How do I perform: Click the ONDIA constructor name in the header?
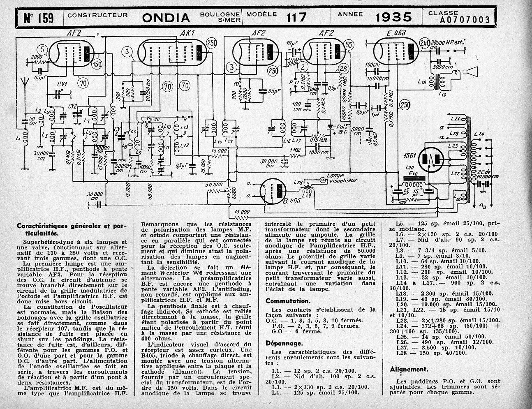pos(166,17)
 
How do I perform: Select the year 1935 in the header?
pos(393,17)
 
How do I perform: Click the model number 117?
pos(297,17)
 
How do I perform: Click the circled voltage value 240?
pos(425,43)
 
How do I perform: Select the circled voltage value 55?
pos(349,44)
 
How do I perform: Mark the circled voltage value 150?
pos(98,64)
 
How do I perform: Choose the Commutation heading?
pos(287,301)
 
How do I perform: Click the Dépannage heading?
pos(284,343)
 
